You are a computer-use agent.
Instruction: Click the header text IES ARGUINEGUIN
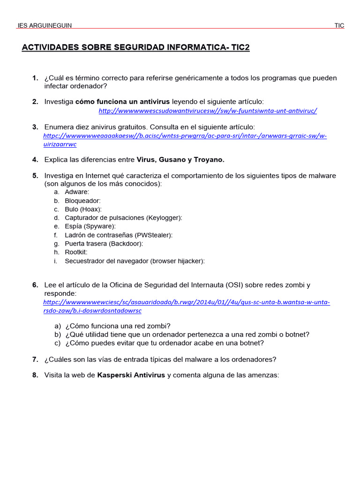(x=45, y=25)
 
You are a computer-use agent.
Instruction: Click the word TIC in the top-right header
(x=339, y=25)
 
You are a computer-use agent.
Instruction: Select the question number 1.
(x=35, y=78)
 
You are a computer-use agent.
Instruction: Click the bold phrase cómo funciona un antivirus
(x=122, y=102)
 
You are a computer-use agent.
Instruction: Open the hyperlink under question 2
(x=208, y=111)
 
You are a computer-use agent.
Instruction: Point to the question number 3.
(x=35, y=127)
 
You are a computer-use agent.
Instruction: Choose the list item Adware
(x=77, y=192)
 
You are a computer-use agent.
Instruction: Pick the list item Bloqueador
(x=82, y=201)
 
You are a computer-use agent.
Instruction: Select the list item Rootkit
(x=76, y=252)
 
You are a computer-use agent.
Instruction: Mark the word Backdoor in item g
(x=126, y=244)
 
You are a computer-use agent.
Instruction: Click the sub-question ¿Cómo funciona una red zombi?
(x=118, y=326)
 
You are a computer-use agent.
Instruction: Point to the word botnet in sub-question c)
(x=253, y=343)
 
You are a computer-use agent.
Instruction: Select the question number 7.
(x=35, y=360)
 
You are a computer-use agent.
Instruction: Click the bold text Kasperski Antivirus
(x=131, y=375)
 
